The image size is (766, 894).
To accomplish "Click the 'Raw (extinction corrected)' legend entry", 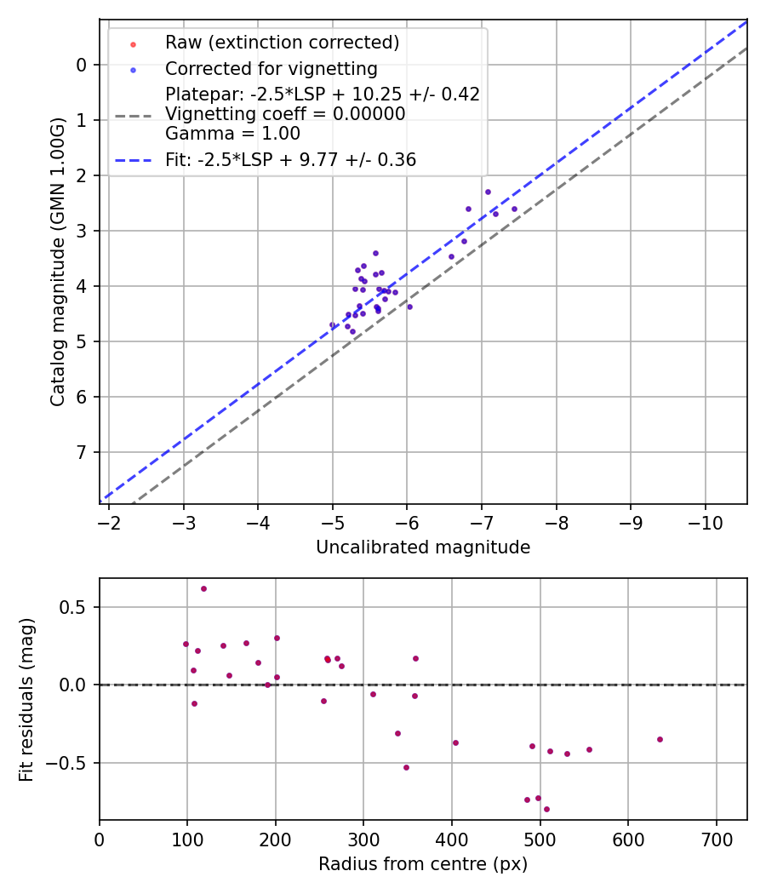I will [x=282, y=43].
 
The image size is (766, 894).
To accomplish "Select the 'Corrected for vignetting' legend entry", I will [x=271, y=68].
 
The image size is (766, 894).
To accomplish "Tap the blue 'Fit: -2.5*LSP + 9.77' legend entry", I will [x=290, y=159].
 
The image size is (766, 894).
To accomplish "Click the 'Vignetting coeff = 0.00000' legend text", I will [x=285, y=114].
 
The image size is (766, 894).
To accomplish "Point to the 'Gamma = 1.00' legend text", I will [x=232, y=134].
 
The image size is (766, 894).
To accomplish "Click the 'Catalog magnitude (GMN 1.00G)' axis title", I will [x=57, y=262].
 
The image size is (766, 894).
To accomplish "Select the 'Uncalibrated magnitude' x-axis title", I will [x=423, y=547].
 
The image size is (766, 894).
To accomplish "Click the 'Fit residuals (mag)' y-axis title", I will [x=27, y=699].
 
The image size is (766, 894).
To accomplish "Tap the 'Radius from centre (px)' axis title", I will [x=423, y=864].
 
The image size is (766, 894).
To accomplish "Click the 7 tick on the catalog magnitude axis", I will [x=81, y=452].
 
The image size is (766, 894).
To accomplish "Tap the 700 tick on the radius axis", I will [x=716, y=839].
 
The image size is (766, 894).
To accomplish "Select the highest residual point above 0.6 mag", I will [x=203, y=588].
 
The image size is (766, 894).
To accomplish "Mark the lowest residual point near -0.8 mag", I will [x=546, y=809].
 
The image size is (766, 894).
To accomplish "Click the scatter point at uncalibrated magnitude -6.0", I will [x=409, y=307].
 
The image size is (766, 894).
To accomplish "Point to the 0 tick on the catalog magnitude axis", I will [x=81, y=65].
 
